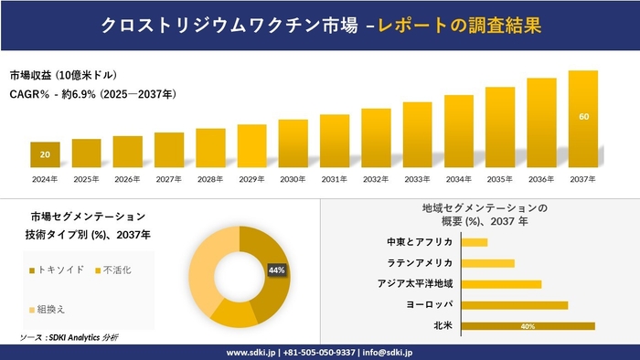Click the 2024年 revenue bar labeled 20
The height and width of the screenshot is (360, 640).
coord(45,156)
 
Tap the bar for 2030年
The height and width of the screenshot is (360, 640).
coord(293,144)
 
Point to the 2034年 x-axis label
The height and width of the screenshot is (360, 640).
coord(459,179)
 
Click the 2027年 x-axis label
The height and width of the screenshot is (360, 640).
coord(169,179)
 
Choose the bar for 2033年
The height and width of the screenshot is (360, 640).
coord(417,135)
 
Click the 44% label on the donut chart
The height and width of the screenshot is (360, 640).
coord(277,270)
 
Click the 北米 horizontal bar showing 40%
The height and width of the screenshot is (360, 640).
coord(528,326)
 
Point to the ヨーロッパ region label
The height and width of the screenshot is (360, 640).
coord(429,305)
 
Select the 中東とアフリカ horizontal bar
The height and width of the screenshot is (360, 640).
coord(475,242)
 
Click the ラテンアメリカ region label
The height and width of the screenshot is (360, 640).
coord(420,263)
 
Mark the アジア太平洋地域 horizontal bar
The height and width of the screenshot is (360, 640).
coord(501,284)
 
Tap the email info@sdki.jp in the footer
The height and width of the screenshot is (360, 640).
coord(389,351)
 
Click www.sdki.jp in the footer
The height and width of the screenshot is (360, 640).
coord(252,351)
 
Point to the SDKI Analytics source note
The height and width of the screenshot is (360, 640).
coord(69,338)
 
